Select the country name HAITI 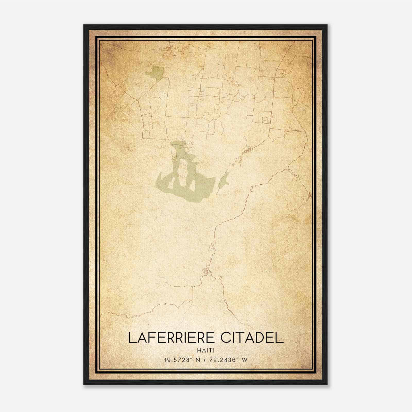[205, 351]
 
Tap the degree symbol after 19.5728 [192, 358]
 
